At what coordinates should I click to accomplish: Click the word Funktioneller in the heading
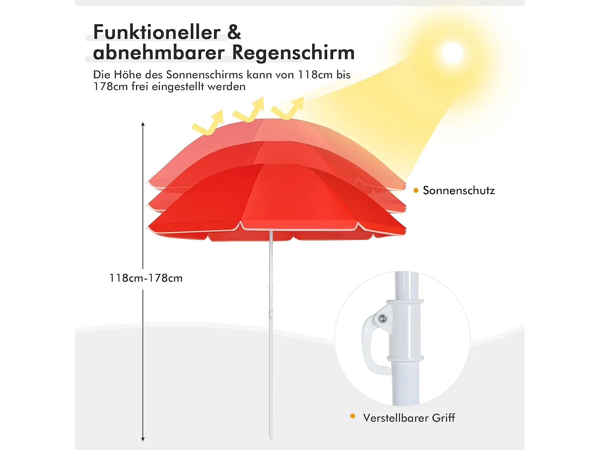click(x=156, y=32)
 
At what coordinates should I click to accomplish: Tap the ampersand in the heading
click(x=234, y=32)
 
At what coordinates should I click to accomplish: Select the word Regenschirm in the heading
click(x=293, y=52)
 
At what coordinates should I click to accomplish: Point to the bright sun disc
click(x=452, y=53)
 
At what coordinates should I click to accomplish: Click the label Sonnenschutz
click(x=458, y=190)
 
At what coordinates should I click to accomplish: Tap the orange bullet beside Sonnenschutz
click(x=416, y=190)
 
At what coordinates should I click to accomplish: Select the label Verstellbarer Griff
click(x=409, y=418)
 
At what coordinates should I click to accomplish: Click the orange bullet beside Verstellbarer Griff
click(x=352, y=416)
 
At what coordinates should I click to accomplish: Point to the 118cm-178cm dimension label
click(x=146, y=278)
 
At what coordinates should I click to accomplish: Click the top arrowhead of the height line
click(x=143, y=124)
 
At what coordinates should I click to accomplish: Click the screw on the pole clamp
click(x=383, y=318)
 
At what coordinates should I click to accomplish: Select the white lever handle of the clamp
click(x=370, y=344)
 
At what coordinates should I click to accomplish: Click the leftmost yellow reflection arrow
click(x=208, y=123)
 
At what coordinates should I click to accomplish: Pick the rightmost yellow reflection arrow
click(x=289, y=108)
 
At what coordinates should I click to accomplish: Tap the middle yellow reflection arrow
click(x=250, y=110)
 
